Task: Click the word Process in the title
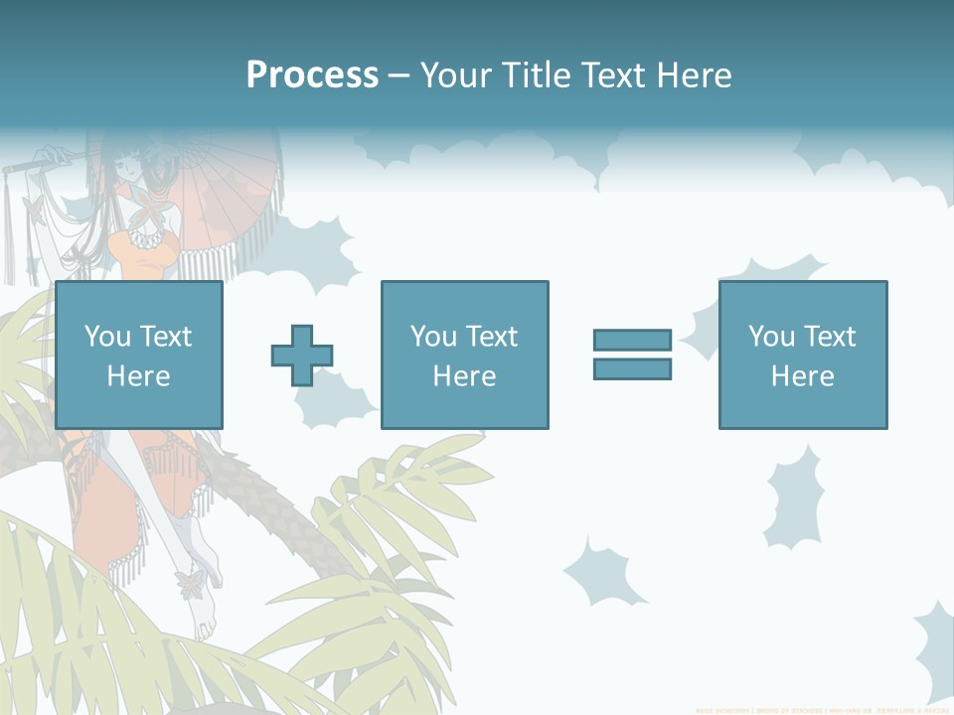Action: click(x=312, y=75)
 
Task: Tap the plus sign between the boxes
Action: click(x=302, y=356)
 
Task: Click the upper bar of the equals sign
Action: click(x=632, y=341)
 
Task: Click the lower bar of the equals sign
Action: click(x=632, y=368)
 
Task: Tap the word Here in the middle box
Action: click(x=464, y=376)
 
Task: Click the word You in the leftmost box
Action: click(x=107, y=337)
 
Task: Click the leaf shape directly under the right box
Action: click(x=794, y=497)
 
